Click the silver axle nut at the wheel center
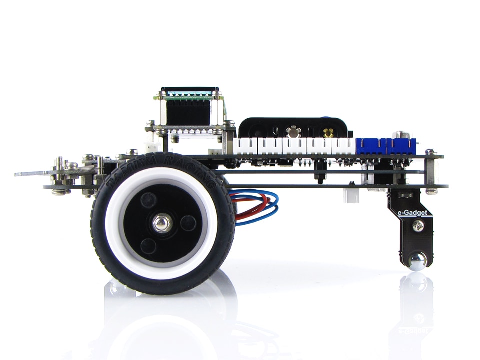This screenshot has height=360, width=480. click(161, 223)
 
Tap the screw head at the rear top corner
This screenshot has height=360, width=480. click(430, 151)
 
